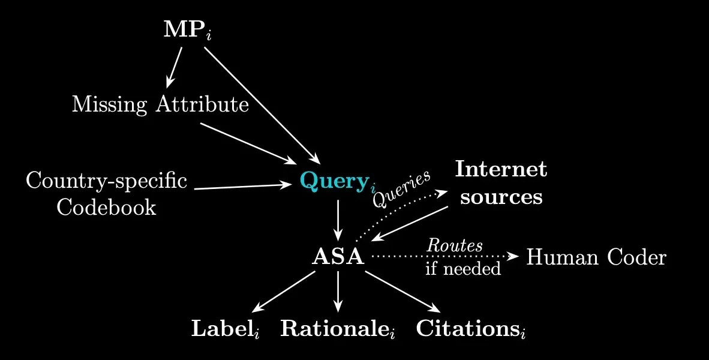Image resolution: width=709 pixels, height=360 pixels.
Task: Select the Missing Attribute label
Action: coord(160,105)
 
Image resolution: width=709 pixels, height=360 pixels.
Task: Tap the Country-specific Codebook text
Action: coord(106,194)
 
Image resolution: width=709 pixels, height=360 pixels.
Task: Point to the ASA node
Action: coord(338,257)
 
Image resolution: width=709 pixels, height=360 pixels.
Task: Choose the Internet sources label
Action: coord(501,183)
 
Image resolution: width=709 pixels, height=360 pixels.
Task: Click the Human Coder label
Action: coord(596,257)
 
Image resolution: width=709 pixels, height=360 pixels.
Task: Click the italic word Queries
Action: coord(401,189)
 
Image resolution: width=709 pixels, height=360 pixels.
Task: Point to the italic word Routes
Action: coord(454,246)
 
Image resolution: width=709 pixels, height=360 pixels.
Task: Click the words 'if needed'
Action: coord(462,269)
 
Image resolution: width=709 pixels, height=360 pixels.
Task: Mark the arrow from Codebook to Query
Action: coord(243,187)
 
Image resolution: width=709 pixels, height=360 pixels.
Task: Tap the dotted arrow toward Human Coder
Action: coord(444,256)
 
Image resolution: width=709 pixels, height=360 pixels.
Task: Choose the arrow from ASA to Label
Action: coord(283,292)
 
